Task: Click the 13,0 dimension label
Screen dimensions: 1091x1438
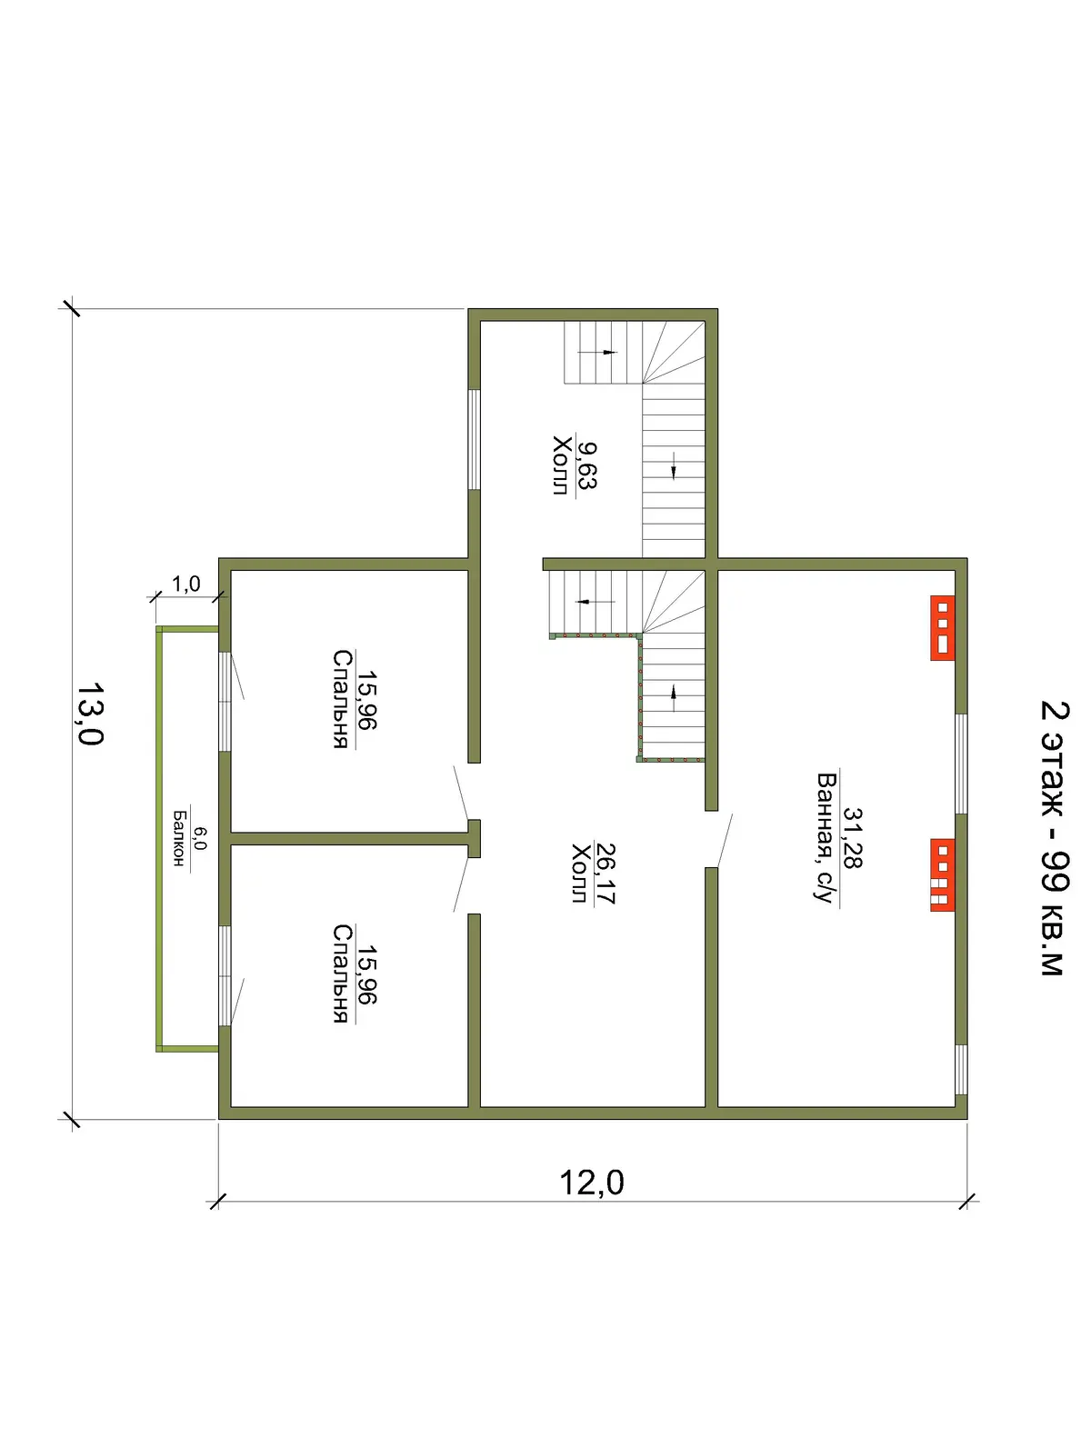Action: click(90, 714)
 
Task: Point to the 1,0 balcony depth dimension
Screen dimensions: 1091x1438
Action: click(186, 583)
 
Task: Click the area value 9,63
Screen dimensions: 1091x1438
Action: click(586, 465)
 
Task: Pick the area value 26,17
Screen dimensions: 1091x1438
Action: click(605, 874)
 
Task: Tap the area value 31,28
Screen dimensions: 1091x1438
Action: click(852, 838)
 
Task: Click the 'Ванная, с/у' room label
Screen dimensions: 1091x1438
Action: click(827, 838)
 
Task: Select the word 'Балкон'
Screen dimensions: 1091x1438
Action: click(178, 839)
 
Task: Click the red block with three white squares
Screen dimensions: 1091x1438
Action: click(942, 627)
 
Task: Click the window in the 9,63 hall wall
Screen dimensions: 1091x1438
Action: click(474, 439)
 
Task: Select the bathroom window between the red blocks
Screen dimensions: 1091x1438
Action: click(961, 764)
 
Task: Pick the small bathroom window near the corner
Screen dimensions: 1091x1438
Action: click(961, 1069)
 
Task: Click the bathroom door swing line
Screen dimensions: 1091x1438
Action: click(724, 840)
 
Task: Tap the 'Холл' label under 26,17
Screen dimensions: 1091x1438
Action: click(580, 874)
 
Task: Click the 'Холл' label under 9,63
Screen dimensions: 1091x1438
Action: click(562, 465)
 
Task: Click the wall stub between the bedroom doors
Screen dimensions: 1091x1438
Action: click(474, 839)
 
